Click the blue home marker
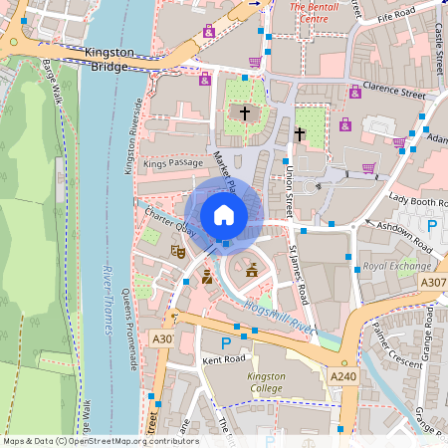coord(224,215)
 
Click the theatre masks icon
coord(178,253)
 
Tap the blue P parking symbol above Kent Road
coord(225,342)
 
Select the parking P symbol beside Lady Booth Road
coord(432,226)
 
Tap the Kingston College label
coord(266,383)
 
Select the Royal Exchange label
coord(396,267)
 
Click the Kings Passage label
coord(166,161)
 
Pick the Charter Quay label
coord(165,223)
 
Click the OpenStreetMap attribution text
coord(100,441)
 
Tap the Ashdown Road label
coord(400,226)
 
